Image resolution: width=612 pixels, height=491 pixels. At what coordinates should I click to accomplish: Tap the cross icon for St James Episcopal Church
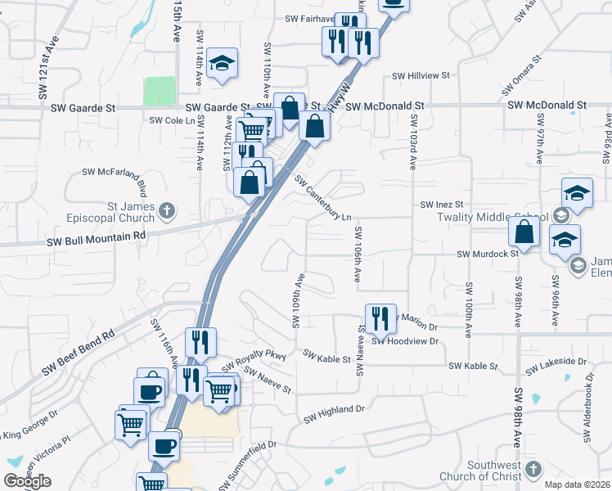pos(167,211)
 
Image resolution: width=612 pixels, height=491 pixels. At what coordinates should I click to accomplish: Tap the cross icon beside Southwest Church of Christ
pos(533,470)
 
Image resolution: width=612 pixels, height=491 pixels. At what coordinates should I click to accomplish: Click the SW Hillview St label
pos(421,75)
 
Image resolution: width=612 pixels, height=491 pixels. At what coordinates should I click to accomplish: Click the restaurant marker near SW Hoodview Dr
pos(379,318)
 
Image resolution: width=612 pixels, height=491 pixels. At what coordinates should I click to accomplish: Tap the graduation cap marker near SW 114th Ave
pos(221,64)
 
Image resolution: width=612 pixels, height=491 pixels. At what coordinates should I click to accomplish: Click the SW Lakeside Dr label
pos(556,365)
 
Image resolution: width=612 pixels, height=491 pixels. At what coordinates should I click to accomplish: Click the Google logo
pos(28,481)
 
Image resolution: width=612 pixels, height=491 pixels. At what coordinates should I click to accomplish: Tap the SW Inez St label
pos(442,204)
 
